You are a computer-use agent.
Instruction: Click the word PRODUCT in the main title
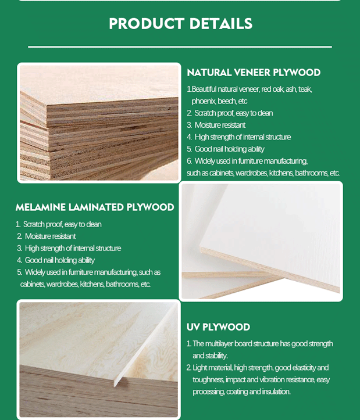click(x=147, y=24)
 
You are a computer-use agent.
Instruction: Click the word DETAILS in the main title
click(x=221, y=24)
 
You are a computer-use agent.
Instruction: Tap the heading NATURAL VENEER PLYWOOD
click(x=254, y=73)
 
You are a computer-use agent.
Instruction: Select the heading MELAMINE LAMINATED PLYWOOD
click(x=95, y=207)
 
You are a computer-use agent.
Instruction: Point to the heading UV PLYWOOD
click(x=218, y=327)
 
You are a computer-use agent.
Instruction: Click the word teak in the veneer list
click(x=305, y=89)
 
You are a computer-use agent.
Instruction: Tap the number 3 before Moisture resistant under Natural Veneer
click(x=189, y=125)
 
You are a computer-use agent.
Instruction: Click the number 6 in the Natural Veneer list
click(x=189, y=161)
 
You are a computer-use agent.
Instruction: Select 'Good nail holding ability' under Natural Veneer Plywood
click(x=229, y=149)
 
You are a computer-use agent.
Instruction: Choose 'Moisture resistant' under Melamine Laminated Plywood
click(x=51, y=236)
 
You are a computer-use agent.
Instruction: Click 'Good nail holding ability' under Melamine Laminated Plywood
click(x=60, y=260)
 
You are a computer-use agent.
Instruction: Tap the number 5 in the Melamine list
click(x=19, y=272)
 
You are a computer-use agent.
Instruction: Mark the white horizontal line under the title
click(x=180, y=47)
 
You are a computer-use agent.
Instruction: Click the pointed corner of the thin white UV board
click(x=115, y=386)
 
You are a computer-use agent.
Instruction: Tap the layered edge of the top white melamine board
click(x=270, y=270)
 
